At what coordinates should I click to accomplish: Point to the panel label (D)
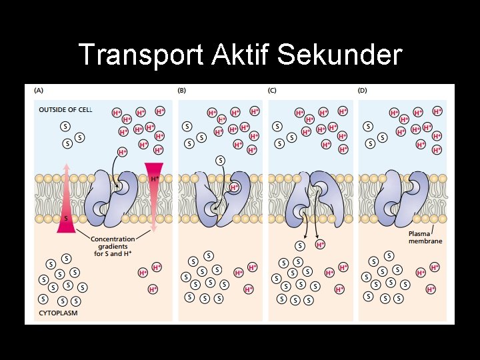click(363, 90)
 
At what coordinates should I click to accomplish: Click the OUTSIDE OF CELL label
click(65, 109)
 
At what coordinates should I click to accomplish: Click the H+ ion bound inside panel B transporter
click(235, 187)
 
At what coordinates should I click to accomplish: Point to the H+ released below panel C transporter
click(321, 245)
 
